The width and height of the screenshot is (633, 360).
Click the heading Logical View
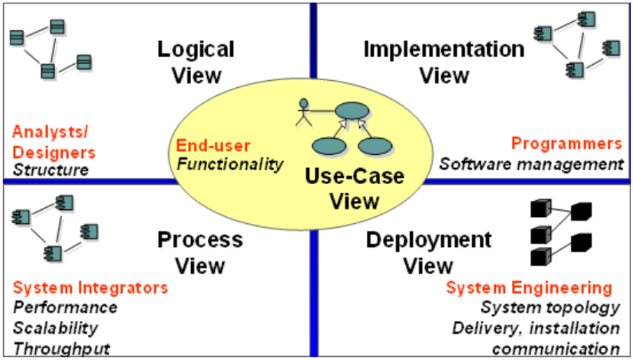pyautogui.click(x=196, y=62)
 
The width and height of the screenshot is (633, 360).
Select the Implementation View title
pyautogui.click(x=444, y=62)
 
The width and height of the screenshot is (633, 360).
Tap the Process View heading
pyautogui.click(x=200, y=253)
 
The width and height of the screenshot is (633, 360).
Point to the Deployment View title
pyautogui.click(x=428, y=253)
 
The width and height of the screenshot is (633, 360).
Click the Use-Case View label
pyautogui.click(x=355, y=188)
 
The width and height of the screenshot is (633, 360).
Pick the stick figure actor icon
pyautogui.click(x=303, y=112)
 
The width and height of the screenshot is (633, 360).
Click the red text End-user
pyautogui.click(x=213, y=146)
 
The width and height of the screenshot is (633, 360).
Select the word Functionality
pyautogui.click(x=230, y=164)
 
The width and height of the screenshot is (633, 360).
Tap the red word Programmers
pyautogui.click(x=567, y=144)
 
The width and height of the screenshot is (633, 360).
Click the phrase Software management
pyautogui.click(x=531, y=164)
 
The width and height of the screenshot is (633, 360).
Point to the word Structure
pyautogui.click(x=51, y=169)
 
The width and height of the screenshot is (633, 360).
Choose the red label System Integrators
pyautogui.click(x=90, y=288)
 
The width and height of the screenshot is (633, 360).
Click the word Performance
pyautogui.click(x=65, y=307)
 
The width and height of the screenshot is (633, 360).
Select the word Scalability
pyautogui.click(x=55, y=328)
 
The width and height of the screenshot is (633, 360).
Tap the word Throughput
pyautogui.click(x=62, y=348)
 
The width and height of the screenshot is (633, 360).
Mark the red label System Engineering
pyautogui.click(x=529, y=288)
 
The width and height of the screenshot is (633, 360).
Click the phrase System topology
pyautogui.click(x=550, y=308)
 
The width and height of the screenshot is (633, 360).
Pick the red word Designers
pyautogui.click(x=54, y=152)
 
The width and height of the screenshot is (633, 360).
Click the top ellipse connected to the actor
pyautogui.click(x=352, y=111)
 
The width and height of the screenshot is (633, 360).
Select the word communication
pyautogui.click(x=556, y=348)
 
